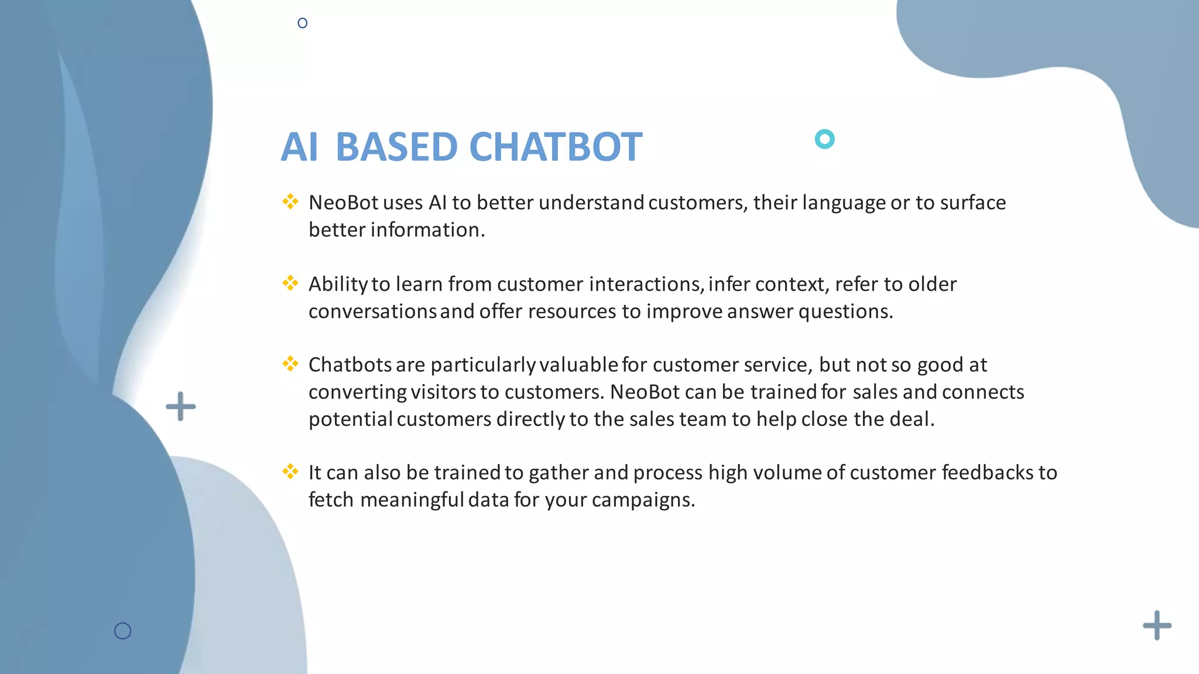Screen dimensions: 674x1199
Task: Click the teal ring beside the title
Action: tap(824, 139)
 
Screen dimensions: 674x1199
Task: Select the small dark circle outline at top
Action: tap(302, 23)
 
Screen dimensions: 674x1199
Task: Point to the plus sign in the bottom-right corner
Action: tap(1157, 625)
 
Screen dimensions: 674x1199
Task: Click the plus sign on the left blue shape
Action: tap(180, 407)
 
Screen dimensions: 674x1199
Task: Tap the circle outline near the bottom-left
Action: tap(122, 631)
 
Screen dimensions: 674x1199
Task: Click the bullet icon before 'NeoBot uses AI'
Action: tap(290, 202)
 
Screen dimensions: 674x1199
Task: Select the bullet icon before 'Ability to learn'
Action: tap(290, 283)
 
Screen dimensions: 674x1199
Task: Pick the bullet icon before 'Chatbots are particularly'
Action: tap(290, 364)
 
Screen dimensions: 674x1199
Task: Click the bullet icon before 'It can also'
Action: tap(290, 472)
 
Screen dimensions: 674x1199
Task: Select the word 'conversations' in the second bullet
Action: tap(372, 312)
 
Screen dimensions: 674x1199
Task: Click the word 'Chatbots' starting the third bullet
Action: tap(350, 365)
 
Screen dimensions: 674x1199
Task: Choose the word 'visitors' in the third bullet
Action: tap(443, 392)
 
